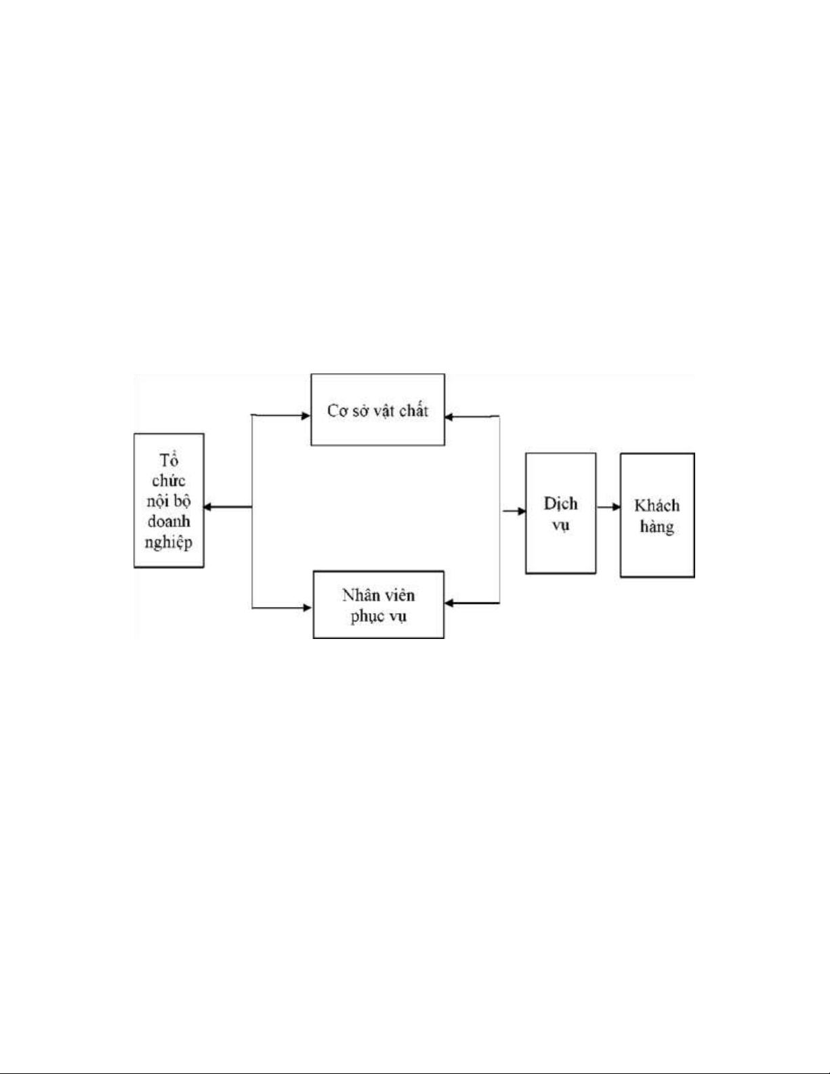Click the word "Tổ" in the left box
(x=169, y=459)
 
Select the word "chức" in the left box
(x=169, y=480)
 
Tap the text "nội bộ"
(x=169, y=501)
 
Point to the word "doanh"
(x=169, y=522)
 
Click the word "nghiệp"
(x=169, y=543)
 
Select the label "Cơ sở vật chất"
(x=377, y=411)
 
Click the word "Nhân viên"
(x=378, y=596)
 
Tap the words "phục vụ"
(x=378, y=617)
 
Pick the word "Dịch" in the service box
(x=560, y=503)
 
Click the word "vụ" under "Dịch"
(x=560, y=525)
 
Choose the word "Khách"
(x=657, y=505)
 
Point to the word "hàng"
(x=657, y=526)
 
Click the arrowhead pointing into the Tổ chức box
(x=209, y=507)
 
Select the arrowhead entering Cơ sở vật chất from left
(x=306, y=415)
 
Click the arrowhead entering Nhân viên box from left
(x=307, y=608)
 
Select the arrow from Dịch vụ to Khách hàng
(x=608, y=507)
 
